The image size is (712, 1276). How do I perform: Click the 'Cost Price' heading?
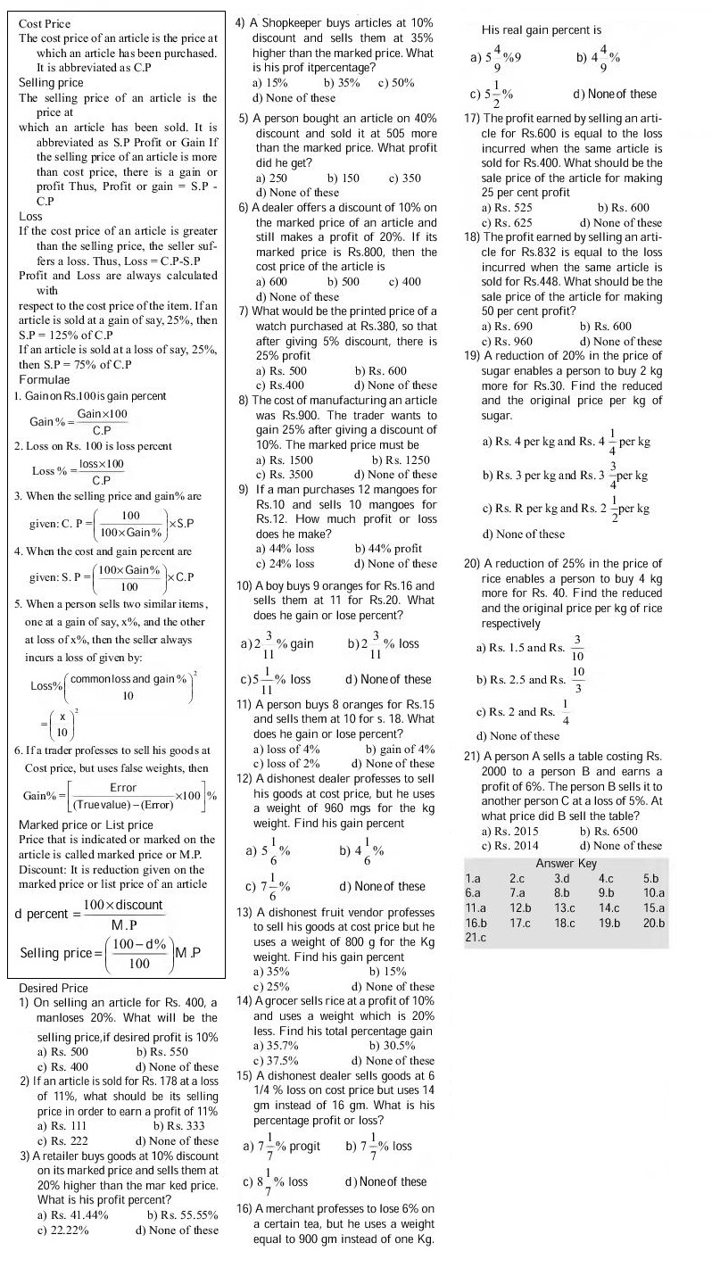pyautogui.click(x=45, y=24)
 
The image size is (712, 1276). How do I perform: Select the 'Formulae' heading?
pyautogui.click(x=46, y=380)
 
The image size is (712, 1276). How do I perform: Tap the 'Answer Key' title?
pyautogui.click(x=566, y=863)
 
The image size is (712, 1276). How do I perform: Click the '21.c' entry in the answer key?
pyautogui.click(x=476, y=938)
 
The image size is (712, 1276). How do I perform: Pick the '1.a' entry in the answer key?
pyautogui.click(x=474, y=878)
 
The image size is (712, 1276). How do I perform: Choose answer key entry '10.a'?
pyautogui.click(x=654, y=892)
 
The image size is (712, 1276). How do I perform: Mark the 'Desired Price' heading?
pyautogui.click(x=54, y=989)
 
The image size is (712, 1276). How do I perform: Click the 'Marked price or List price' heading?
pyautogui.click(x=86, y=824)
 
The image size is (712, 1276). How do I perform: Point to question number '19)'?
pyautogui.click(x=473, y=356)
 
